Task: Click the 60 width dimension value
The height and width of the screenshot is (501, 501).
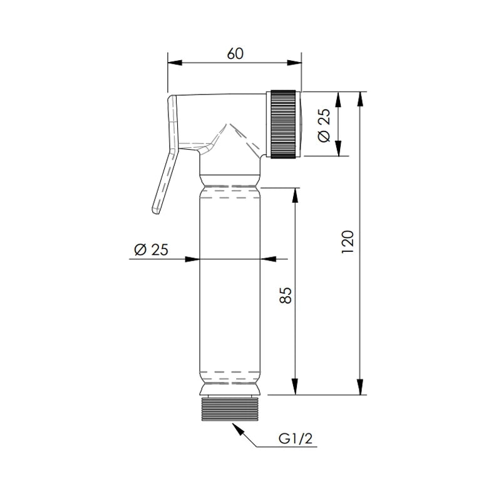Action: (235, 54)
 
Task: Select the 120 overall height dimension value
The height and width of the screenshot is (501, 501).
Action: (348, 242)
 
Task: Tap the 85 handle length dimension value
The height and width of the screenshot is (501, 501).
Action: (286, 295)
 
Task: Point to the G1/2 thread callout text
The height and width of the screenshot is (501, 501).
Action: (296, 439)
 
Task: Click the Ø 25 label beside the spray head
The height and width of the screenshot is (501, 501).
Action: (324, 125)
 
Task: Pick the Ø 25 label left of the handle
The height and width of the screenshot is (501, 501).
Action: (151, 249)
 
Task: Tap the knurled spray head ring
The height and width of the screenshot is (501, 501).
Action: (283, 124)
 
